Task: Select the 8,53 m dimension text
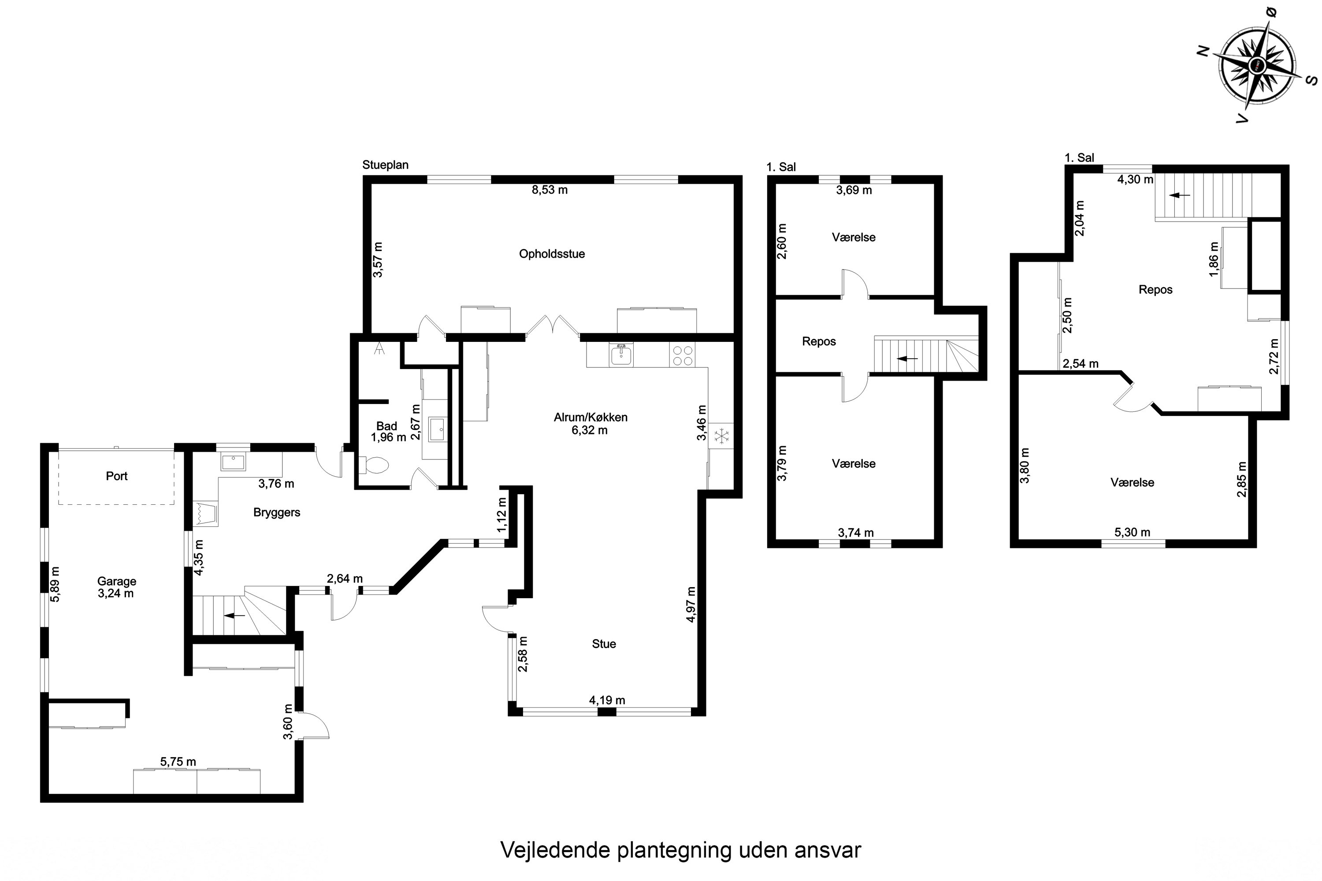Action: tap(549, 190)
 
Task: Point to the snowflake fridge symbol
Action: tap(720, 436)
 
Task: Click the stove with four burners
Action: tap(682, 355)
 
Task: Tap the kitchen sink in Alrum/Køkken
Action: tap(620, 355)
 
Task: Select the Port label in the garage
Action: tap(116, 476)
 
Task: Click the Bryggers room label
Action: tap(277, 512)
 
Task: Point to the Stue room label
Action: tap(604, 644)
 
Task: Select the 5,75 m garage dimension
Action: tap(178, 762)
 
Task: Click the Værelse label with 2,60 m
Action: tap(853, 237)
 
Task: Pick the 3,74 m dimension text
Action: tap(855, 533)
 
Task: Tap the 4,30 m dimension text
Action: tap(1135, 180)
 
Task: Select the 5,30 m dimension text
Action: tap(1132, 532)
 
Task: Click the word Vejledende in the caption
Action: tap(555, 850)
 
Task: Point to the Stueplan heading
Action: tap(385, 165)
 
